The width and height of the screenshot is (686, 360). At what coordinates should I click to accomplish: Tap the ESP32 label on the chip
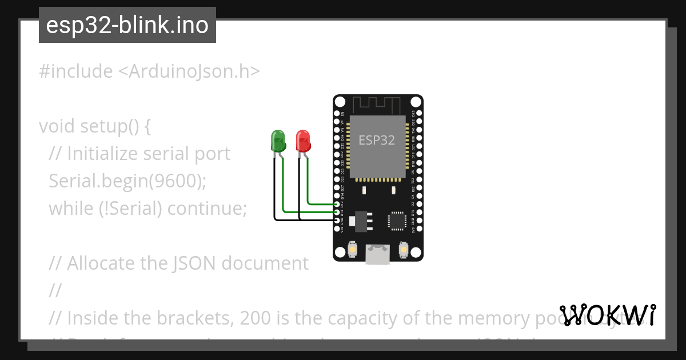tap(377, 140)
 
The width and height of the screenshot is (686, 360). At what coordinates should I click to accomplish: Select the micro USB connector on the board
tap(378, 254)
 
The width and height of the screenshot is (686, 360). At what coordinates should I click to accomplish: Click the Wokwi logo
tap(608, 315)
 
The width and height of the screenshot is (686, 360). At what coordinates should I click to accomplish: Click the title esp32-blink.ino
tap(127, 25)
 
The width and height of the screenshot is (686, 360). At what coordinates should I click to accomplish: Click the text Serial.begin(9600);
tap(127, 181)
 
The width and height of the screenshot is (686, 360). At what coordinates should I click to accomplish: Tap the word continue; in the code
tap(207, 209)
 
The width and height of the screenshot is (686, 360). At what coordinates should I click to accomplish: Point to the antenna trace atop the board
tap(378, 105)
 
